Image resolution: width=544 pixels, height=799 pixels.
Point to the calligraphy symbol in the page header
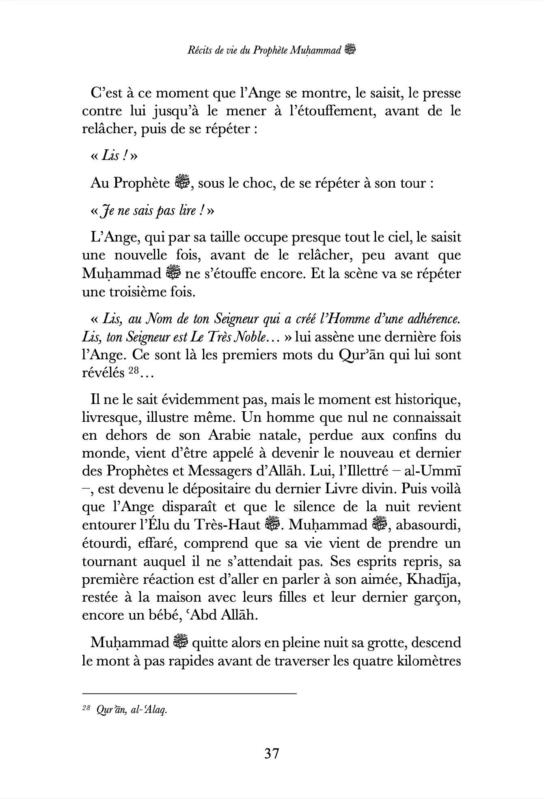click(350, 50)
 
